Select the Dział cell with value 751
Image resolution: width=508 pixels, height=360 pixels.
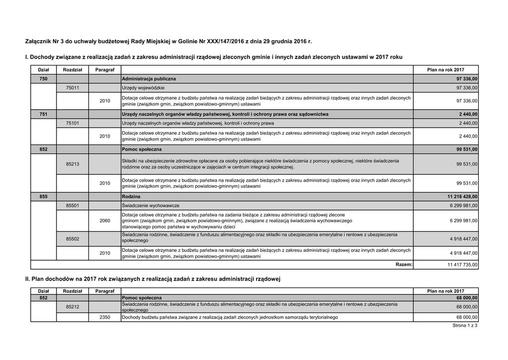(x=43, y=114)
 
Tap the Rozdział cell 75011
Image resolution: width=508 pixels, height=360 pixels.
(x=72, y=88)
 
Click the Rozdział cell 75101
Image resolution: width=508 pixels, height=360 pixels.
(x=72, y=123)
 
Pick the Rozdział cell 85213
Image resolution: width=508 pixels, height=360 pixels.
(x=72, y=164)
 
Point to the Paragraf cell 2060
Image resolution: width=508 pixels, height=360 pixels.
(x=105, y=220)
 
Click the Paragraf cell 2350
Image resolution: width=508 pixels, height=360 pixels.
(x=105, y=317)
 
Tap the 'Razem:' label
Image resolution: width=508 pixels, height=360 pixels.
(x=404, y=265)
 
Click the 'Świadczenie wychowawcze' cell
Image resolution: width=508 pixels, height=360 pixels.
(x=150, y=206)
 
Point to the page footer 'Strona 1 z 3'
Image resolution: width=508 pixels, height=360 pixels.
(x=465, y=326)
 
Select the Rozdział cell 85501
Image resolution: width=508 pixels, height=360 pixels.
(x=72, y=206)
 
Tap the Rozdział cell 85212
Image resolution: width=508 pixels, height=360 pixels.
(x=72, y=307)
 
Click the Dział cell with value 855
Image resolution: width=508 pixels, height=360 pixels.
(x=43, y=197)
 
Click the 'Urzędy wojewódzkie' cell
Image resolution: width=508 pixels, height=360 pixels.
(x=143, y=88)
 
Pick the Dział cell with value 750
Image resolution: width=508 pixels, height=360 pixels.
(x=43, y=79)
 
